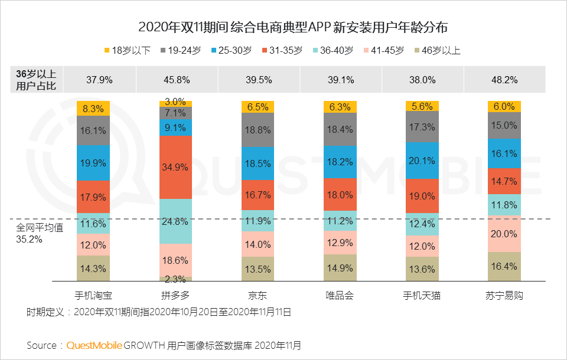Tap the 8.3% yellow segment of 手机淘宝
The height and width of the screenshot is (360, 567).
(x=94, y=109)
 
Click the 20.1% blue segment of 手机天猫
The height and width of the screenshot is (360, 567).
(x=422, y=161)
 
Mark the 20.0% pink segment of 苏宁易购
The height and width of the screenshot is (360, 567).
(x=504, y=234)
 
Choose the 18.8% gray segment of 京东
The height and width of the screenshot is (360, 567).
(x=259, y=130)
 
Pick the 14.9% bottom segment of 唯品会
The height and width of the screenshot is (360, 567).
(x=340, y=268)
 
